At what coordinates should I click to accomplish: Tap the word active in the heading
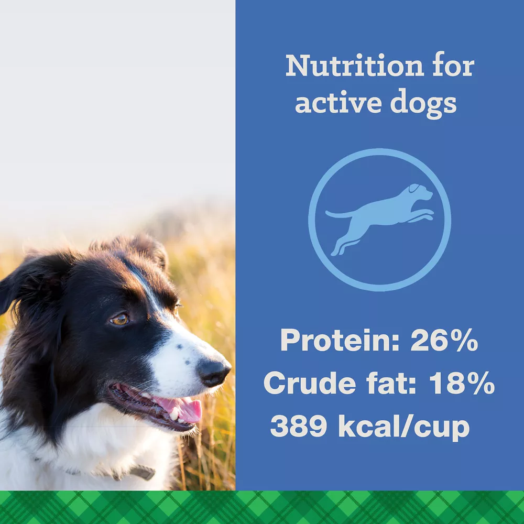(x=338, y=103)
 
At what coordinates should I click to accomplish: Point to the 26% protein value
(x=444, y=340)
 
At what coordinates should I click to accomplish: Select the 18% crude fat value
(x=462, y=383)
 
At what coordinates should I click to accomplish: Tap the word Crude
(x=310, y=383)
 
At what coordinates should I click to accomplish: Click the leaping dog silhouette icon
(x=379, y=220)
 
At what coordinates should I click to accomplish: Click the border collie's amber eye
(x=119, y=320)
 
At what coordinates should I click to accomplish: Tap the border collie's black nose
(x=213, y=372)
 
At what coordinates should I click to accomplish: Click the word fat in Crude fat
(x=391, y=383)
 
